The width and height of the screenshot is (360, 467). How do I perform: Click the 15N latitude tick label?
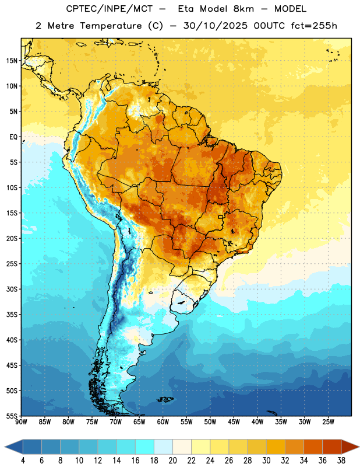[12, 61]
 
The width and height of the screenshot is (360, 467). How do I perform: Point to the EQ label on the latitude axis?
[13, 137]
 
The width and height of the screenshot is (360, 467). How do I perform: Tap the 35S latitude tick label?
[12, 315]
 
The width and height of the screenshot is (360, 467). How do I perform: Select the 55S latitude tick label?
[12, 416]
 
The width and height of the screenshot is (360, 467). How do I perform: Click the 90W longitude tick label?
[21, 422]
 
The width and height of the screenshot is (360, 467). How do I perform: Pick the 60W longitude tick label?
[163, 422]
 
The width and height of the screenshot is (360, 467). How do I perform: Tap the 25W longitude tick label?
[328, 422]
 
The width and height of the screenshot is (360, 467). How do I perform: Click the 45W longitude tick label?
[234, 422]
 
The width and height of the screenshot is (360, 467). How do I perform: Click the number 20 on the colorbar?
[172, 461]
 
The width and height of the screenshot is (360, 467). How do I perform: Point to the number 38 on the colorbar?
[341, 461]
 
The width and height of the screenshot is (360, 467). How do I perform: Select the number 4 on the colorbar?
[23, 461]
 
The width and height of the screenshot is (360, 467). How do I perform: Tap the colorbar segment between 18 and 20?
[163, 447]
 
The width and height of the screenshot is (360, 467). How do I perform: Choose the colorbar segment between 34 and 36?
[313, 447]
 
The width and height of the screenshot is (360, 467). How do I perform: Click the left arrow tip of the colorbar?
[5, 447]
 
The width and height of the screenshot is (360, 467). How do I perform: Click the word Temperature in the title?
[111, 26]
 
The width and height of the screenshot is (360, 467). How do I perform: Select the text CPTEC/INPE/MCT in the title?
[110, 9]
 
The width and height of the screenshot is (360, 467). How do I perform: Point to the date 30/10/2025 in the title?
[215, 26]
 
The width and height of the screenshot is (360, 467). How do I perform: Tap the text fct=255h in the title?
[313, 26]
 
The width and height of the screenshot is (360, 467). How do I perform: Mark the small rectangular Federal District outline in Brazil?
[221, 217]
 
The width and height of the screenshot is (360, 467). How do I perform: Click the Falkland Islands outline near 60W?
[165, 399]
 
